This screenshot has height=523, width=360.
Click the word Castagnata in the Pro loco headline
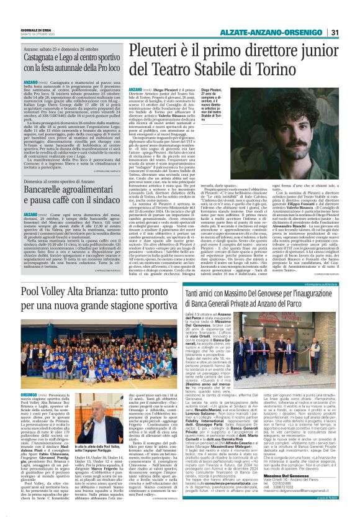click(x=44, y=57)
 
